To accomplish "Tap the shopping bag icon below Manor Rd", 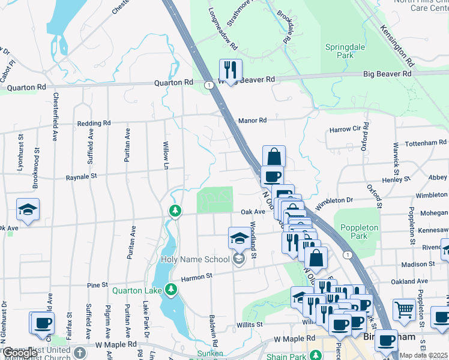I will [274, 157].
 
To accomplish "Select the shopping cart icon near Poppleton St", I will [404, 310].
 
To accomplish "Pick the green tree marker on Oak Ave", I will [175, 211].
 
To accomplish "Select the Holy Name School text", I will [195, 259].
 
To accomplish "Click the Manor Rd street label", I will [252, 121].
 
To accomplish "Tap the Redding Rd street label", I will [94, 124].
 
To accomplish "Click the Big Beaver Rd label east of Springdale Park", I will [388, 74].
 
